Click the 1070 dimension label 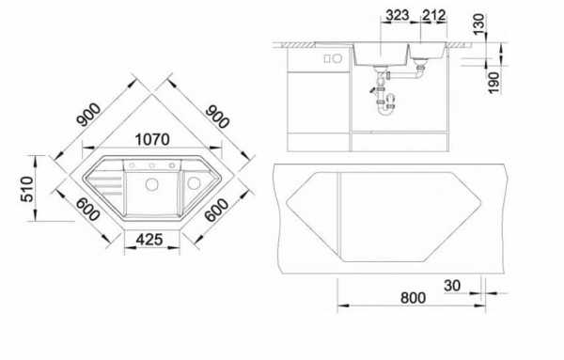point(152,139)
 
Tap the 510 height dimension point(27,189)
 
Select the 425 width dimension point(149,240)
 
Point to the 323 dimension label point(397,15)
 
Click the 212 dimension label point(434,15)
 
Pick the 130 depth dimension point(478,24)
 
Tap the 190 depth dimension point(493,83)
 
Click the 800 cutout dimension point(413,298)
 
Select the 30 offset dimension point(452,286)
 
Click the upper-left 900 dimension point(89,115)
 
